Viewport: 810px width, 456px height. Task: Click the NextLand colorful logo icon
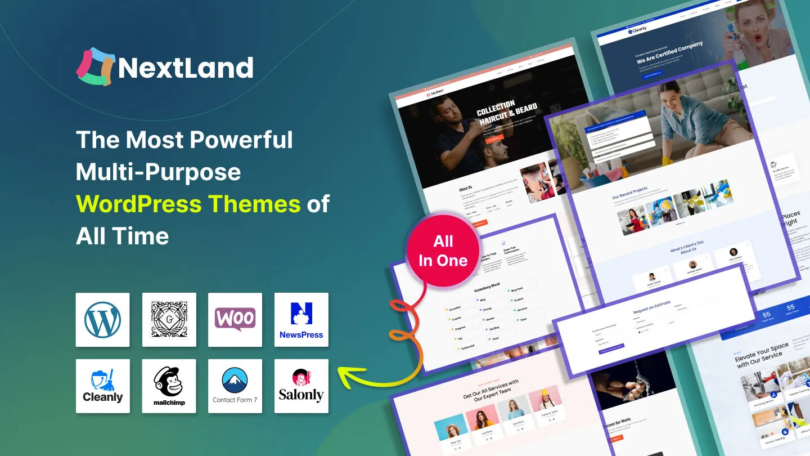click(96, 67)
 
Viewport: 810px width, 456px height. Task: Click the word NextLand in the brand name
click(186, 68)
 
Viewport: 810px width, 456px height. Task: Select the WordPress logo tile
click(102, 320)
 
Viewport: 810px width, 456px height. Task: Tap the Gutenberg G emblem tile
click(169, 320)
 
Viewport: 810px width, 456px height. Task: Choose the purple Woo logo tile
click(235, 320)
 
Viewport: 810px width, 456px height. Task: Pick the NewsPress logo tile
click(301, 320)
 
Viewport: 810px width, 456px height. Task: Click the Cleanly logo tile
click(102, 386)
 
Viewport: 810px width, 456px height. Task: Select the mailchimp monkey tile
click(169, 386)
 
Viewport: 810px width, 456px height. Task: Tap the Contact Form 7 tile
click(235, 386)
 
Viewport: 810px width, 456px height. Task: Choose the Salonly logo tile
click(301, 386)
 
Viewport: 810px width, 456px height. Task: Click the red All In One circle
click(443, 251)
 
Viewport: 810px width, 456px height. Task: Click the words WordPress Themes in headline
click(188, 204)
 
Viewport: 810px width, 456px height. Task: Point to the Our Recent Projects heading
click(629, 193)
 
